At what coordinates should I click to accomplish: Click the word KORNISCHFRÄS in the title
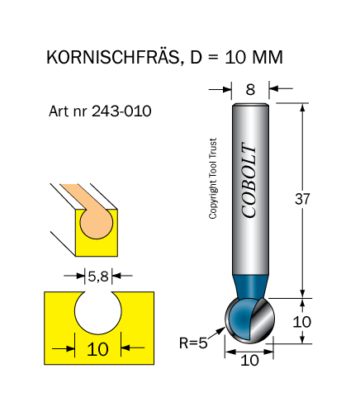coord(112,57)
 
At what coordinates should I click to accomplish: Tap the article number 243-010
coord(121,111)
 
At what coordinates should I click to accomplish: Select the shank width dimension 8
coord(250,89)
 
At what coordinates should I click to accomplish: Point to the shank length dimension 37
coord(302,199)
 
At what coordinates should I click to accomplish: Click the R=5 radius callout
coord(193,343)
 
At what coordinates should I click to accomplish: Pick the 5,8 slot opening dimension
coord(98,276)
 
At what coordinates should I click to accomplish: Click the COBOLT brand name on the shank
coord(249,180)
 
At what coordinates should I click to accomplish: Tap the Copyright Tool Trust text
coord(213,178)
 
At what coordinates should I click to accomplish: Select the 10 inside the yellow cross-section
coord(97,350)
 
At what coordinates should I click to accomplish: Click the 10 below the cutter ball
coord(249,361)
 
